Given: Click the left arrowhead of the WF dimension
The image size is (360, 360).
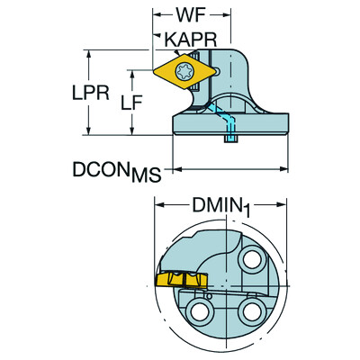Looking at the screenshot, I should coord(154,15).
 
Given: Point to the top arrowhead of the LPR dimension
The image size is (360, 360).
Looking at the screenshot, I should coord(87,52).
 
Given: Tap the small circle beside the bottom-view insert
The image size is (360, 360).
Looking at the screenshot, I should coord(206,292).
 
